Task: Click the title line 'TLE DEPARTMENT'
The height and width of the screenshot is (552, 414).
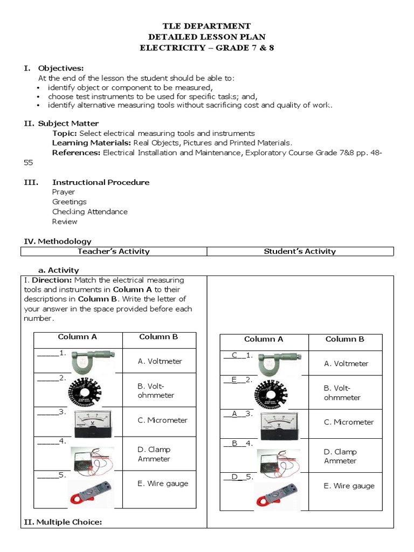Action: (207, 26)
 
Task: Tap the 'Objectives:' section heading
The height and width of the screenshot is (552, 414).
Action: (60, 68)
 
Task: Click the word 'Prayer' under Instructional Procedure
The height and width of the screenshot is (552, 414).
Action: (64, 192)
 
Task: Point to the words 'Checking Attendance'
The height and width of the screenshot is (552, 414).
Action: (89, 212)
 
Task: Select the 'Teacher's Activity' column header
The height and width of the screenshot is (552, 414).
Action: (114, 251)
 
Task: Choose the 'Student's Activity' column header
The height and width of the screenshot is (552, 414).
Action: (300, 251)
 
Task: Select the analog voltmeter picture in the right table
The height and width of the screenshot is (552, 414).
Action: (279, 423)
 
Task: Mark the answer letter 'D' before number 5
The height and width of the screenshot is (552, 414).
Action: (234, 477)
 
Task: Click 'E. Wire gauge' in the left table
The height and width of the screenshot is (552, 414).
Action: (162, 484)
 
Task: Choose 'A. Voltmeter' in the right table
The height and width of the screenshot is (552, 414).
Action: (346, 363)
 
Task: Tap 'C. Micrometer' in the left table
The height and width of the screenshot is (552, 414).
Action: (162, 420)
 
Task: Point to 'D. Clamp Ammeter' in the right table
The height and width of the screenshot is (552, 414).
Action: (340, 456)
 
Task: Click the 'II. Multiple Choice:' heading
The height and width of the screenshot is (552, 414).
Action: (61, 522)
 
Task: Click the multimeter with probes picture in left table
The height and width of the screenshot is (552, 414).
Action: (92, 458)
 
